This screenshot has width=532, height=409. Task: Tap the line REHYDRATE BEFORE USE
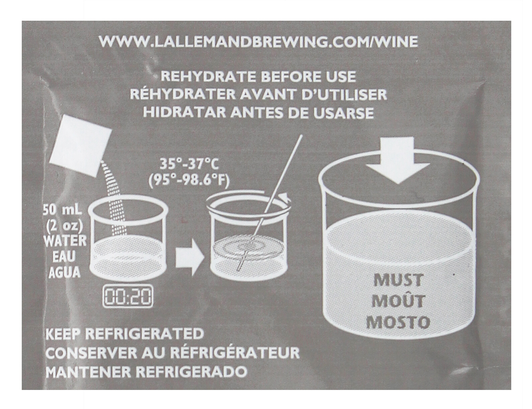(258, 77)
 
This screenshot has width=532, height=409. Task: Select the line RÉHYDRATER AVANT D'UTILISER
(258, 95)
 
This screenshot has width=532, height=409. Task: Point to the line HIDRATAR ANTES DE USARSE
(258, 113)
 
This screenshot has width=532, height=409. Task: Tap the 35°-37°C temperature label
(189, 164)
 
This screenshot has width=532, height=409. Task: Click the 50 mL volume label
(63, 211)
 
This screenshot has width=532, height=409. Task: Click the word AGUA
(65, 272)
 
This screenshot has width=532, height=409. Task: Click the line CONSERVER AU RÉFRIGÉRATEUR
(172, 353)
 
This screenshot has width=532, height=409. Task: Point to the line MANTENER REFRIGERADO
(147, 372)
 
